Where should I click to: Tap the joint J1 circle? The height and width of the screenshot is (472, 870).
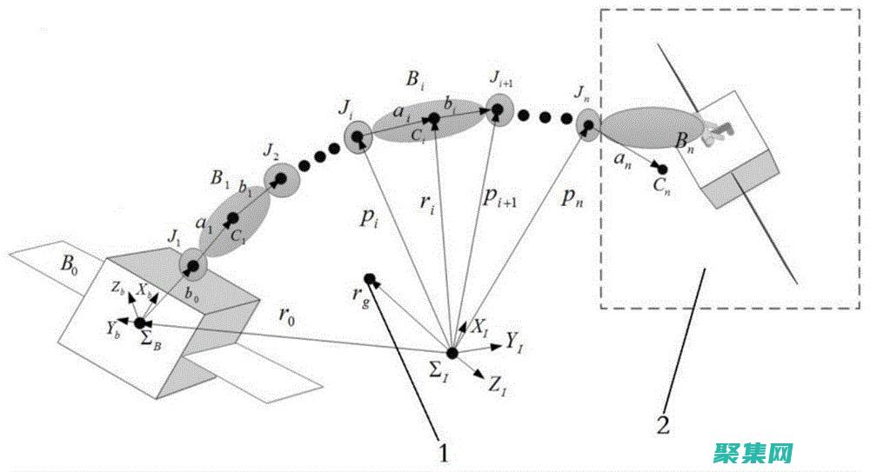coord(193,265)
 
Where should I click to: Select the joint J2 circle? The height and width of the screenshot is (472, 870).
coord(280,180)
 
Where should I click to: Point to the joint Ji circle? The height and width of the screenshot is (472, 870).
coord(358,137)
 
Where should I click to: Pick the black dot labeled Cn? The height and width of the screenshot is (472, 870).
coord(663,169)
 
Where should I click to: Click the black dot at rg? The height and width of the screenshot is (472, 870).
coord(370,279)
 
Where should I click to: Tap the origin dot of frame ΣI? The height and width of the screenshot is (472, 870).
coord(452,353)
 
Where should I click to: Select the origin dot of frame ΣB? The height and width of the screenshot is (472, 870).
coord(140,323)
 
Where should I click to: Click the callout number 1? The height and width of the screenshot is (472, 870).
coord(445,452)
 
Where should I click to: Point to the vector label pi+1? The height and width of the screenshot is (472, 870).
coord(501,199)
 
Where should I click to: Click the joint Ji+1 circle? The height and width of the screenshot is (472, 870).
coord(497,111)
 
